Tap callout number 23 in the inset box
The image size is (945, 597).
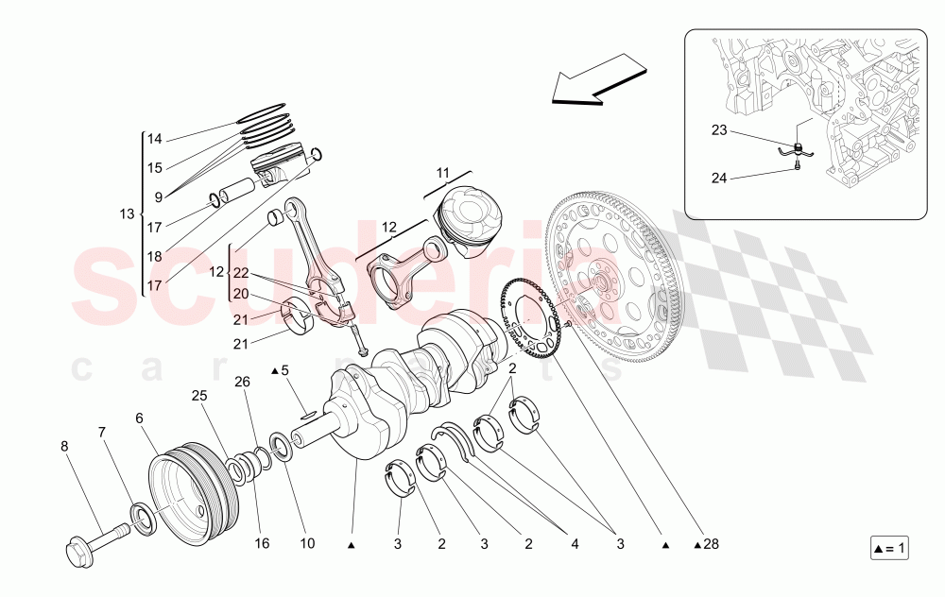(x=720, y=130)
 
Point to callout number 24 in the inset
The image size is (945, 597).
(x=720, y=177)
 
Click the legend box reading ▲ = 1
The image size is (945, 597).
(x=888, y=548)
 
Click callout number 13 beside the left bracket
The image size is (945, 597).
(x=128, y=214)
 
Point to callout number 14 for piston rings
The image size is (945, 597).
(x=154, y=139)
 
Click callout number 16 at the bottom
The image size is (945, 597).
(x=262, y=544)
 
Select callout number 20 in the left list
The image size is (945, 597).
(x=241, y=293)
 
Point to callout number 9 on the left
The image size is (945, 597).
(x=158, y=196)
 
